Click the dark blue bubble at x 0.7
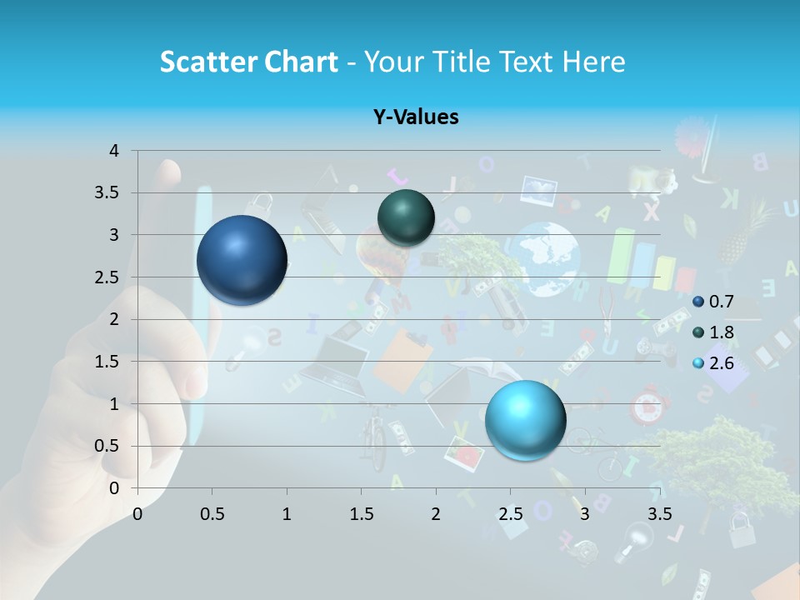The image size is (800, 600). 242,260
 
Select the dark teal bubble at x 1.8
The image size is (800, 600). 406,217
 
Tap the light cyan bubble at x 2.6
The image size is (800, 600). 525,420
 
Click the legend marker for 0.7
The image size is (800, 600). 698,301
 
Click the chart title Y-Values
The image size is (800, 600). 415,117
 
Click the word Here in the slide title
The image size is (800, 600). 593,62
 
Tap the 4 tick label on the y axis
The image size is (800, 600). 114,151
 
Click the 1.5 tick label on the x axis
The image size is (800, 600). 361,514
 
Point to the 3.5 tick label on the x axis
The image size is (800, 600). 658,514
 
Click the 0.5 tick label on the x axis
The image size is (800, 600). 212,514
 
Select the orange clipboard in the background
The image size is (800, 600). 402,358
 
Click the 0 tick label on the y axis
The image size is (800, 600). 114,488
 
